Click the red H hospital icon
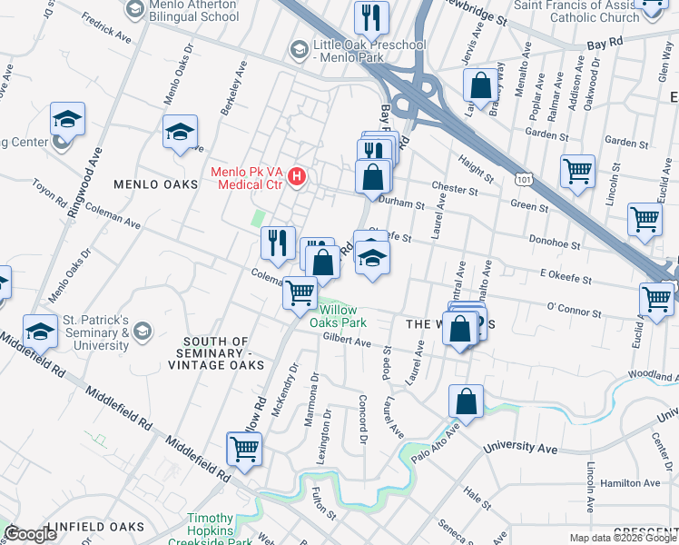pyautogui.click(x=296, y=175)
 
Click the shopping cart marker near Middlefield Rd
pyautogui.click(x=244, y=449)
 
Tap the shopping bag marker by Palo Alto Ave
pyautogui.click(x=466, y=401)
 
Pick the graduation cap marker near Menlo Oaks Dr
pyautogui.click(x=180, y=132)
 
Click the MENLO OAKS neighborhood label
pyautogui.click(x=155, y=184)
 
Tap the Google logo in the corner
pyautogui.click(x=30, y=534)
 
